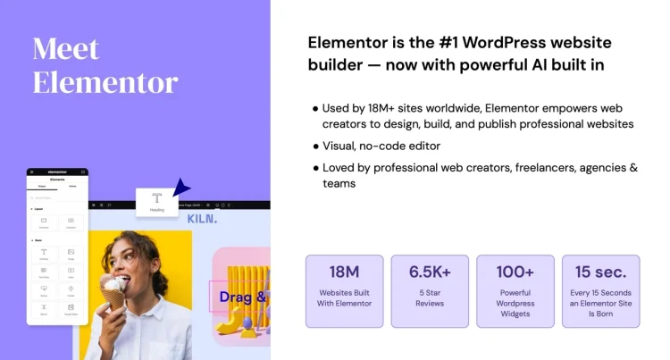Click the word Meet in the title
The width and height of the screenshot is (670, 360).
click(x=66, y=49)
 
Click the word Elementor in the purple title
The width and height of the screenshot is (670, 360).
click(x=105, y=83)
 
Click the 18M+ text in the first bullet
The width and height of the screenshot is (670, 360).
click(x=387, y=107)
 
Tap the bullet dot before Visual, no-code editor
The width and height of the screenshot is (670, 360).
click(x=315, y=146)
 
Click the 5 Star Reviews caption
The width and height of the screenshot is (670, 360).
click(x=429, y=298)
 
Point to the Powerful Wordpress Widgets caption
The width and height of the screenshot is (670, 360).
click(x=515, y=304)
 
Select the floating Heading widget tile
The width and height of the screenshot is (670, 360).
click(x=156, y=202)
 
